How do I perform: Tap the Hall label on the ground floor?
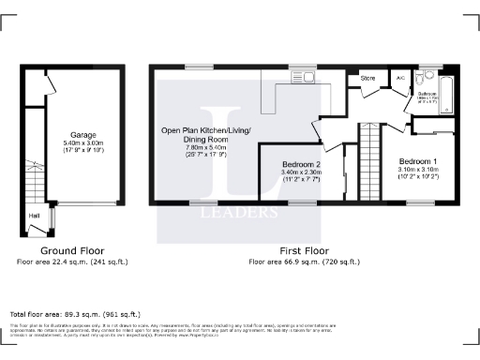click(35, 215)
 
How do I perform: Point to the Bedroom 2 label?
click(302, 164)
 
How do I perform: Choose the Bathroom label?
click(426, 94)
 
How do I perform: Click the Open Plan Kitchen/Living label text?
click(205, 130)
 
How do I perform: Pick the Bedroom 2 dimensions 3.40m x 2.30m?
click(302, 172)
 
